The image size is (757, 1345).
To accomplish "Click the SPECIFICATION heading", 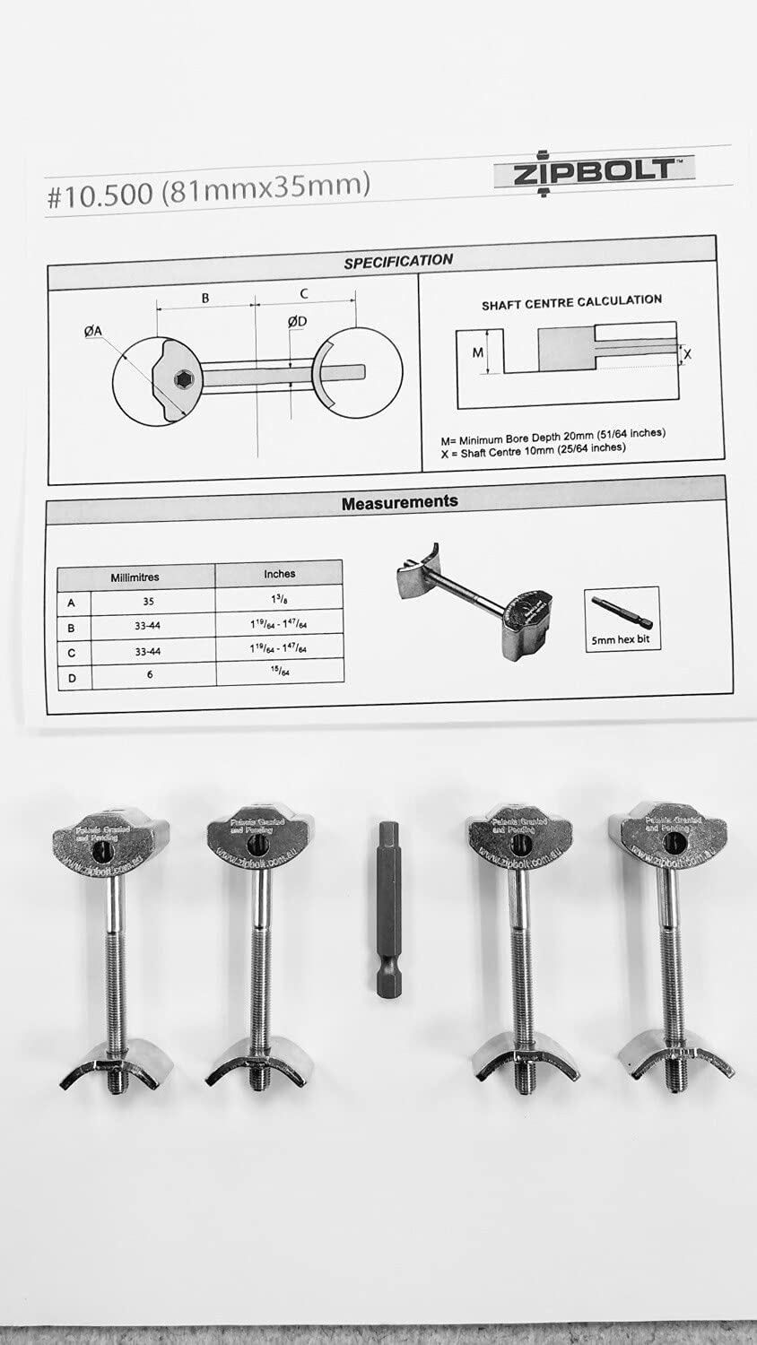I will coord(399,261).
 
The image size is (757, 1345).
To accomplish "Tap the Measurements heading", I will coord(400,502).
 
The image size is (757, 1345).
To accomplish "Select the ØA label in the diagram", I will coord(93,332).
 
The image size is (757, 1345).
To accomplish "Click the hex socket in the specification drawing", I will coord(183,379).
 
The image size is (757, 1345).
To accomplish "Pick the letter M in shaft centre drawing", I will coord(478,352).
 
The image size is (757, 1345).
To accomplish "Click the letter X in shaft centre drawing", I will coord(688,354).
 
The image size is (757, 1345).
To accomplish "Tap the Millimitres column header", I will coord(135,577).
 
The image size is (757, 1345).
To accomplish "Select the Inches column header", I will coord(280,573).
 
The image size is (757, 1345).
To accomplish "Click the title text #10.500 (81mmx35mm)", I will coord(208,191).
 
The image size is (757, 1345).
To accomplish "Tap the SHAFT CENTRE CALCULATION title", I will coord(571,302).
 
